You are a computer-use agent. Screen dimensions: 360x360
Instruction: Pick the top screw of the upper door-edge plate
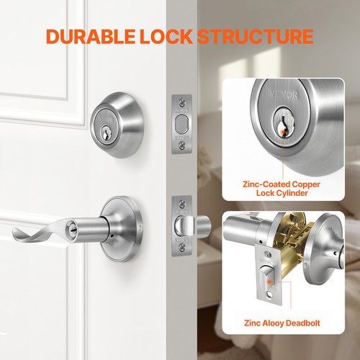coord(181,101)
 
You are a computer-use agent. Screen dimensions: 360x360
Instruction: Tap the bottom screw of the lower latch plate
coord(181,250)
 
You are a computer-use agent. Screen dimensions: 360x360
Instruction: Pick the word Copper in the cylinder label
coord(303,185)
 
